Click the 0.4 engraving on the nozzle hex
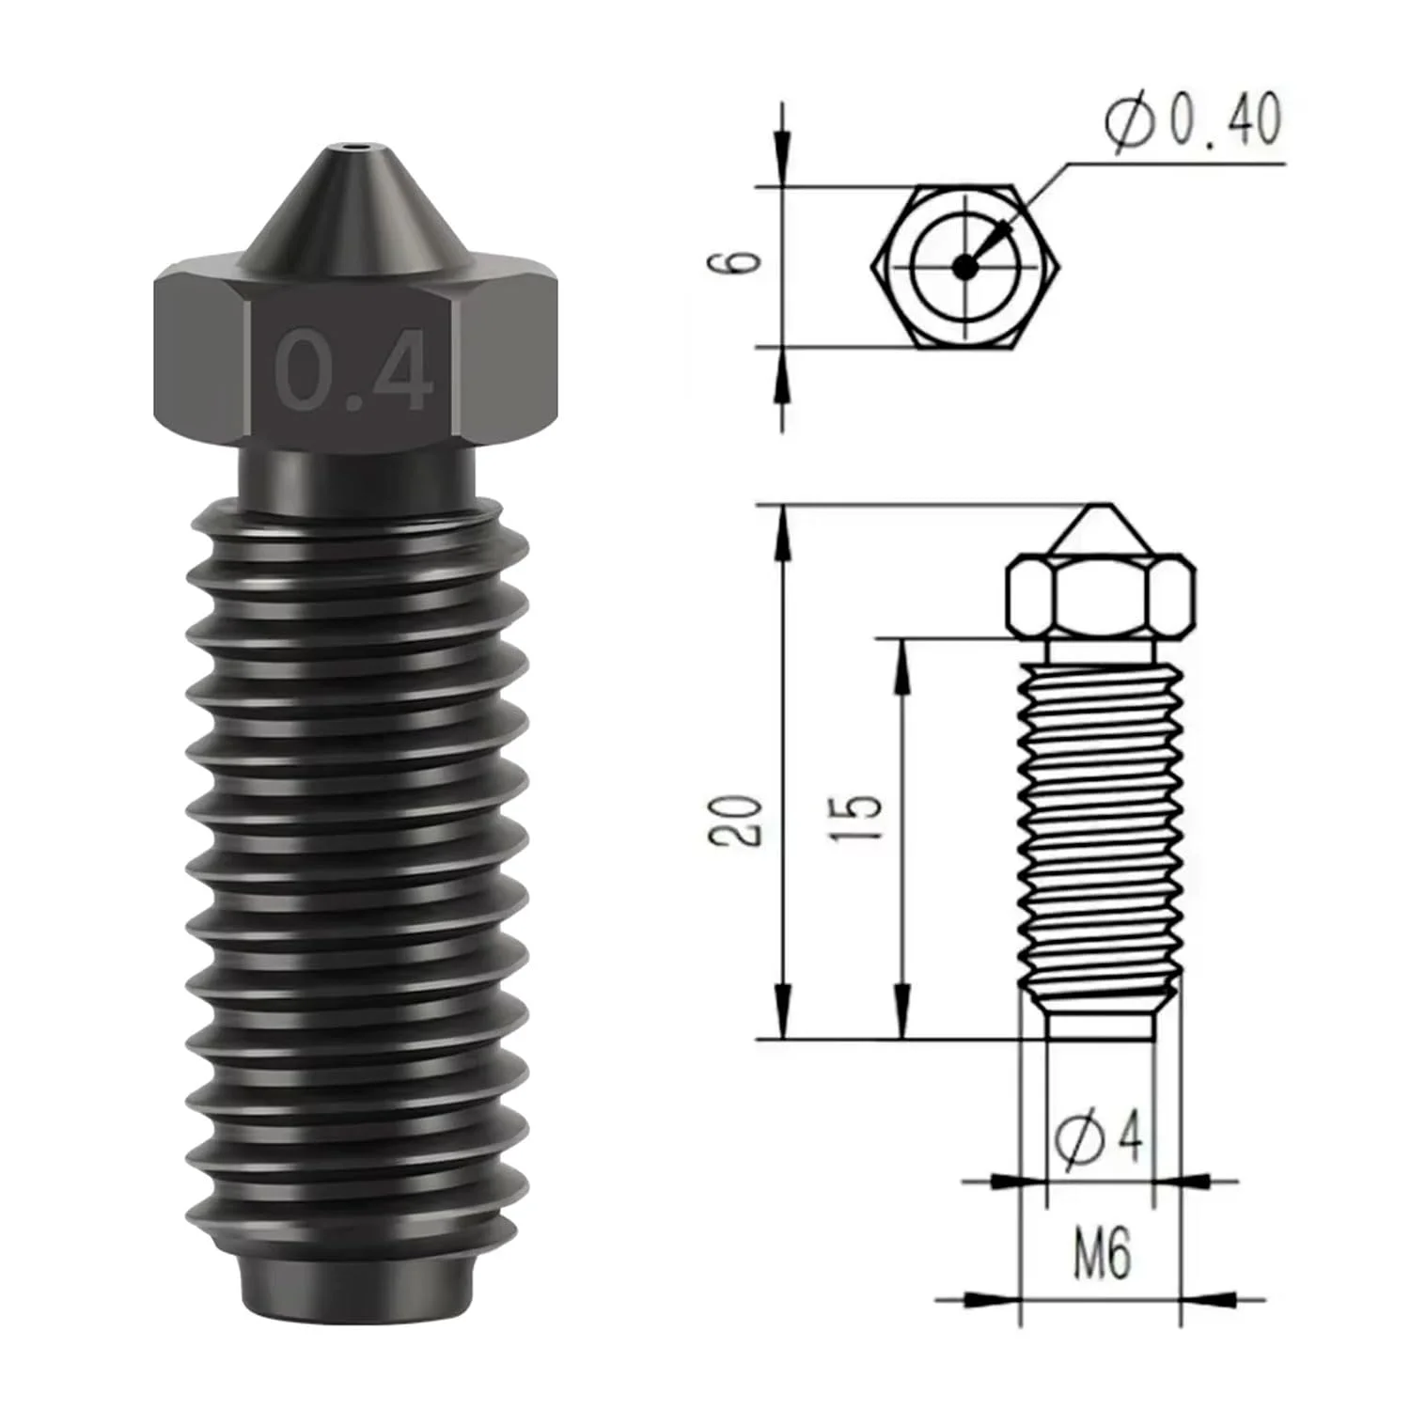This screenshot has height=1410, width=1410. point(354,370)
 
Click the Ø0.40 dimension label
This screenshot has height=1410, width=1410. point(1193,121)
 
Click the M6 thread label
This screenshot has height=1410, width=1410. point(1102,1254)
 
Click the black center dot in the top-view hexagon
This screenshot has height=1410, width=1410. point(963,267)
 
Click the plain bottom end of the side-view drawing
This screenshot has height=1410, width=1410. point(1100,1026)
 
